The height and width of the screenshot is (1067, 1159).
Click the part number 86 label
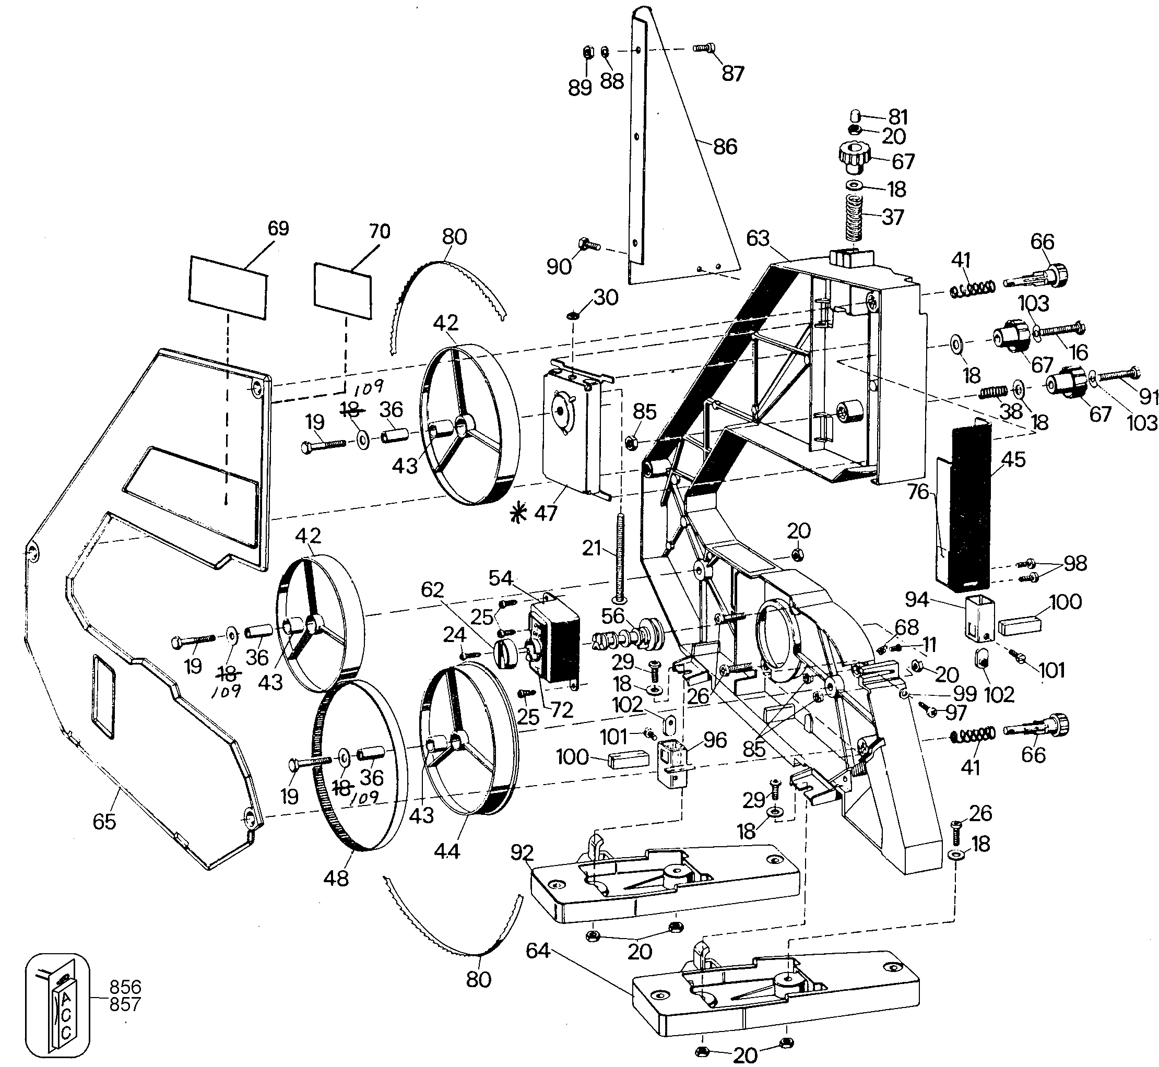point(725,147)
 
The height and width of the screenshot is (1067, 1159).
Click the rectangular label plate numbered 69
point(229,287)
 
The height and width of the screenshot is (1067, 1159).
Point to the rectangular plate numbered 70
point(343,290)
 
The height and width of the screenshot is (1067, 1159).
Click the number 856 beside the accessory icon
point(125,987)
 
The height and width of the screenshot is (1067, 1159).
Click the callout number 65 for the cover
point(104,821)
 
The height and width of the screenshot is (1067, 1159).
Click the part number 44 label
point(446,850)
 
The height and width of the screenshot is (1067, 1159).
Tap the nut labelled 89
point(587,53)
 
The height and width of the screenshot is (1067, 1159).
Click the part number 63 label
point(758,238)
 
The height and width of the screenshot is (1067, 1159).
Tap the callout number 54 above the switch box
point(501,578)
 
